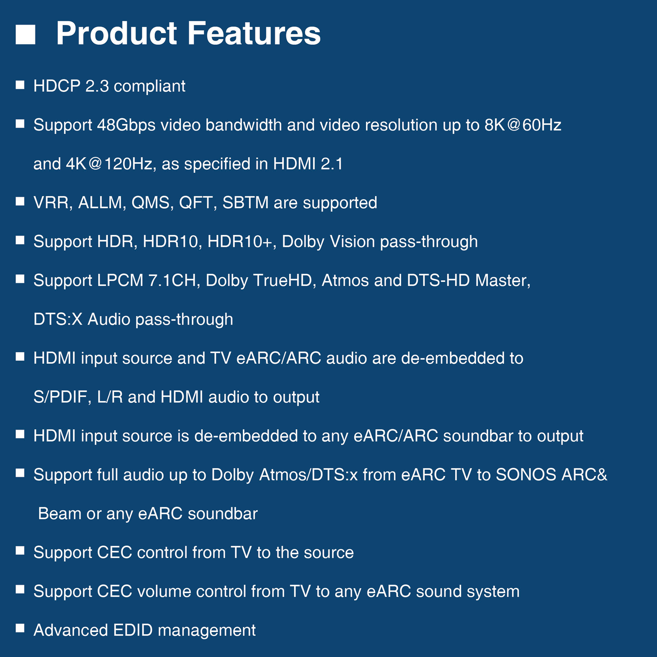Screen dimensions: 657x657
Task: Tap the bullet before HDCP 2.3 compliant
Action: [x=20, y=85]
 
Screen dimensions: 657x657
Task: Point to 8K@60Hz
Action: [x=522, y=125]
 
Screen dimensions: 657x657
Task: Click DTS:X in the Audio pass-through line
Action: [x=58, y=319]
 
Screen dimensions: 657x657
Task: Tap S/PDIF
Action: [x=60, y=397]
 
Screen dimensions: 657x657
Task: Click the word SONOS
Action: [x=526, y=475]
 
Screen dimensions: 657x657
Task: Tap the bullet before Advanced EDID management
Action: [x=20, y=629]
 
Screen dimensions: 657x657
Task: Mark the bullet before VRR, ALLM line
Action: [x=20, y=201]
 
